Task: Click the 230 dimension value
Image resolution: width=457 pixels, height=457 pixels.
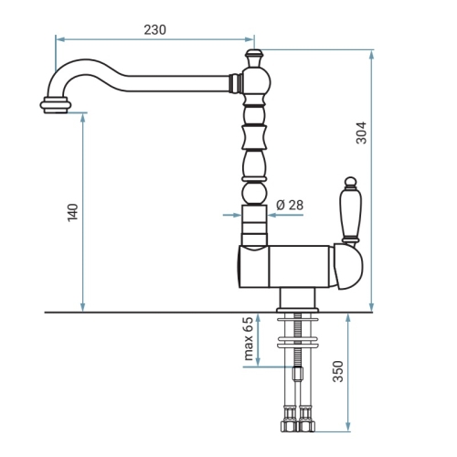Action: (x=154, y=30)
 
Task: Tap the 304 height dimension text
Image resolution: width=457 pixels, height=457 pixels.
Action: (x=362, y=133)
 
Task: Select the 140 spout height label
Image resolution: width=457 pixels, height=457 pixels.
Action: (x=73, y=212)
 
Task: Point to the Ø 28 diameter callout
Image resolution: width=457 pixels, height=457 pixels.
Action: (x=290, y=205)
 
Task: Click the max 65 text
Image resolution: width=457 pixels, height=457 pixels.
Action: (x=249, y=339)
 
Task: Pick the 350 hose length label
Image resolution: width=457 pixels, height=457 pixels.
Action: (x=338, y=371)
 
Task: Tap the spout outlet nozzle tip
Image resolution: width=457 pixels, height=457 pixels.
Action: (x=56, y=105)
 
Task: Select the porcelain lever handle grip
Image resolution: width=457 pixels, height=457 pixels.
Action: (x=350, y=212)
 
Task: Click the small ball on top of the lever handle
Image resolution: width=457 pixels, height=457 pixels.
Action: (x=350, y=181)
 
